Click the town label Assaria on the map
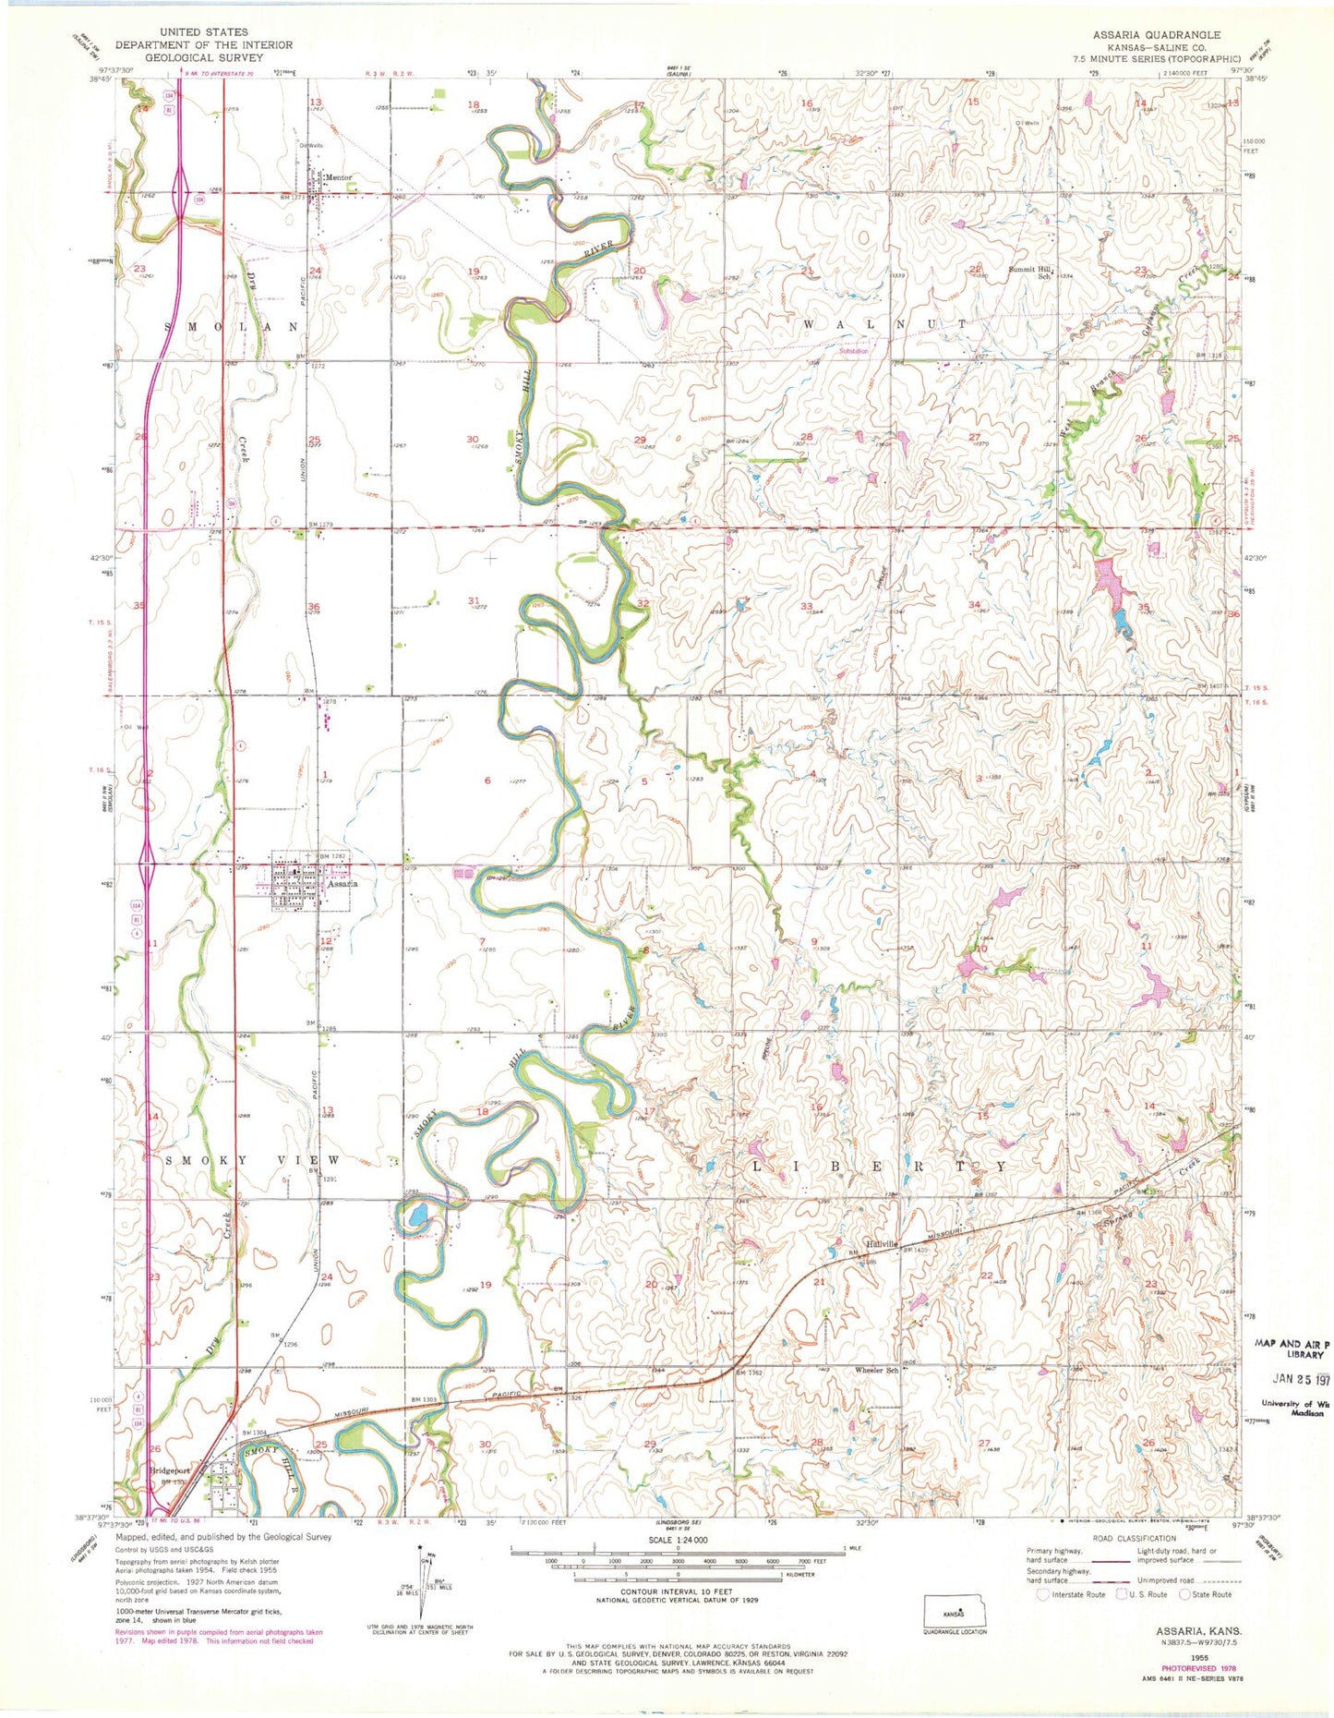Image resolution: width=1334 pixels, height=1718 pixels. click(x=343, y=884)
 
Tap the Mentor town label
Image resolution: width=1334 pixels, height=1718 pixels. click(x=338, y=177)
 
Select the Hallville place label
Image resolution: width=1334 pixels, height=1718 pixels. click(x=882, y=1244)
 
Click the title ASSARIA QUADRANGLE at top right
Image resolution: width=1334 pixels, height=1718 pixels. click(x=1157, y=35)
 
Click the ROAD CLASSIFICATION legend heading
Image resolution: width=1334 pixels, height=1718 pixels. click(x=1134, y=1539)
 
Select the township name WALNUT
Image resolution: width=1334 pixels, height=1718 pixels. click(x=884, y=324)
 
